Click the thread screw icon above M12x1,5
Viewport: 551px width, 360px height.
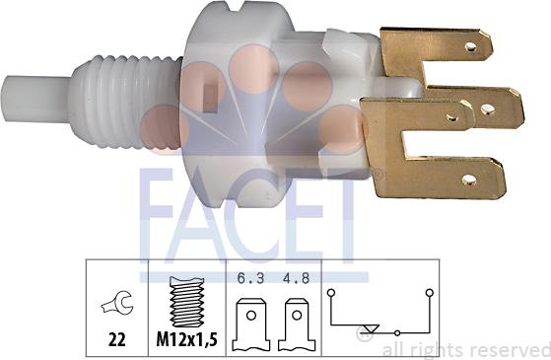(185, 300)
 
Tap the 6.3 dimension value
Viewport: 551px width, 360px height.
(248, 278)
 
